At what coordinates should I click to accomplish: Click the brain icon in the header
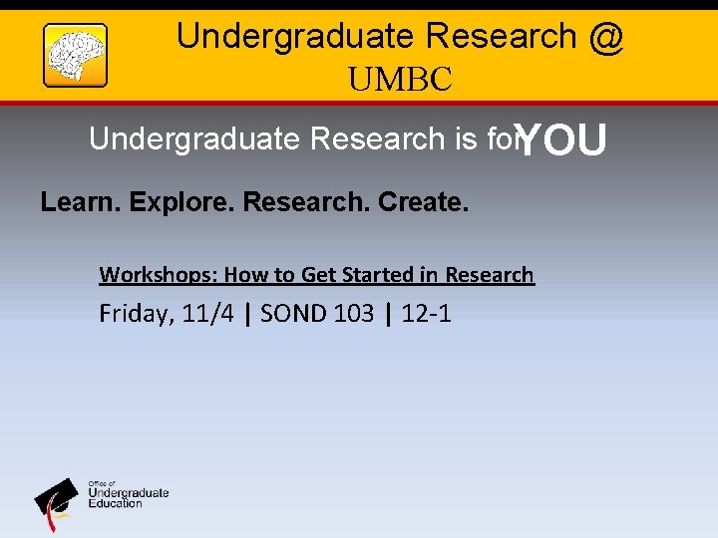pyautogui.click(x=75, y=56)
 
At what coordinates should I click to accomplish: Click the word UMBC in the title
pyautogui.click(x=400, y=80)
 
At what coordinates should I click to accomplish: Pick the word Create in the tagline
pyautogui.click(x=423, y=203)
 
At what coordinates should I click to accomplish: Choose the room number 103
pyautogui.click(x=354, y=315)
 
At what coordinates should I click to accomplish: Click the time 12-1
pyautogui.click(x=426, y=315)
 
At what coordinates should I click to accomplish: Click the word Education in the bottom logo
pyautogui.click(x=116, y=503)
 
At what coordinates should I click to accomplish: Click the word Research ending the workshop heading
pyautogui.click(x=490, y=275)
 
